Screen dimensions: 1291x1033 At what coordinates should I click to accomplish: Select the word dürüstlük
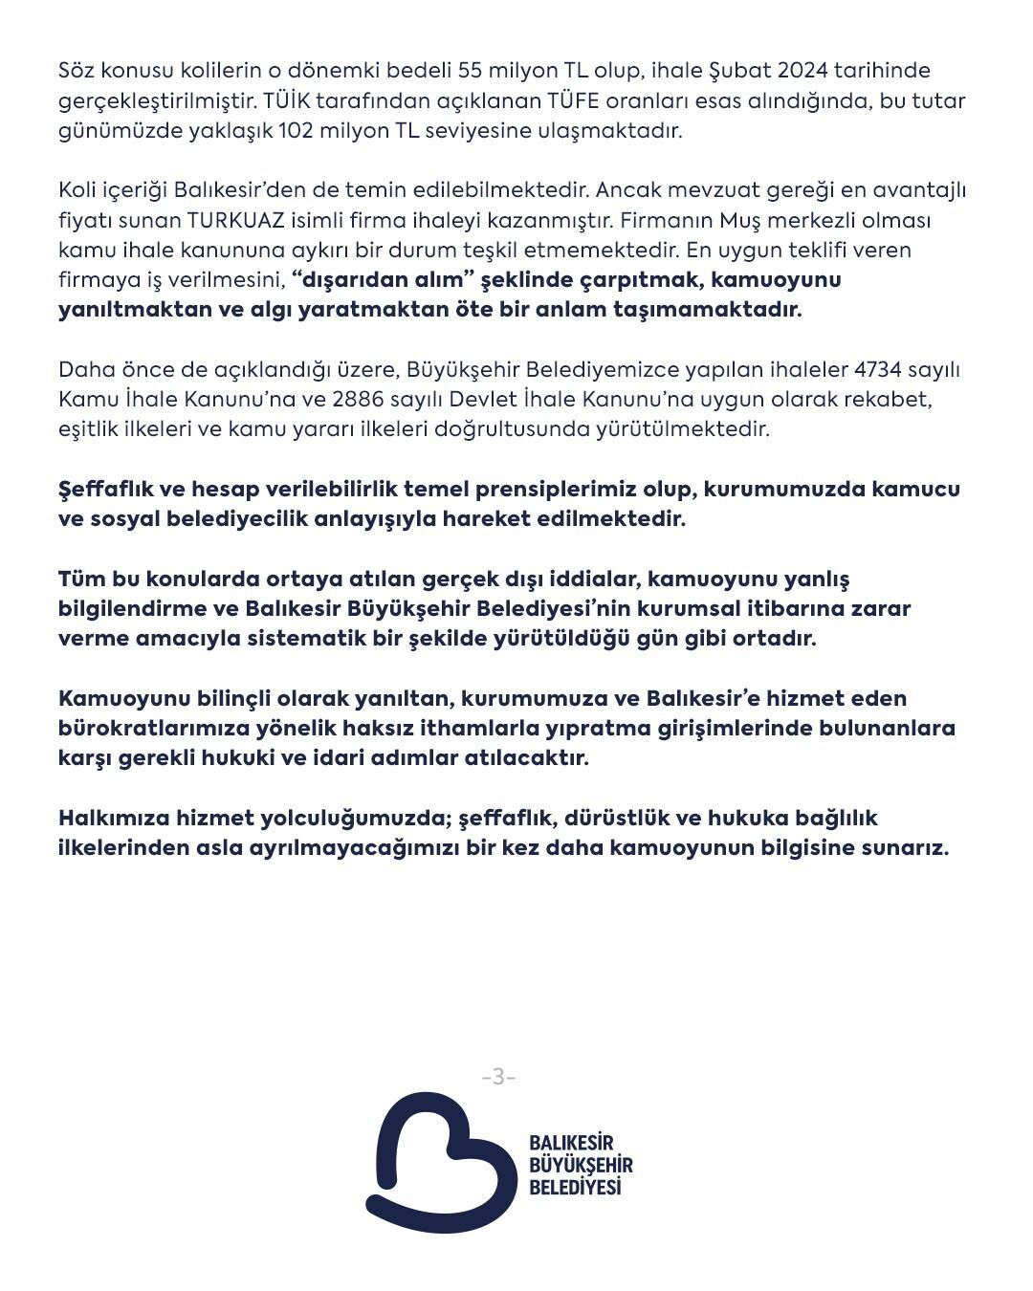click(x=616, y=818)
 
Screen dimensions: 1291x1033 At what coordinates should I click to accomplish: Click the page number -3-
click(x=498, y=1077)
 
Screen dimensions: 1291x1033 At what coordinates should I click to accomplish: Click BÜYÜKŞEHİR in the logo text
click(x=581, y=1165)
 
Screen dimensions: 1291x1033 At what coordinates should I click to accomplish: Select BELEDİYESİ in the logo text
click(x=575, y=1187)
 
